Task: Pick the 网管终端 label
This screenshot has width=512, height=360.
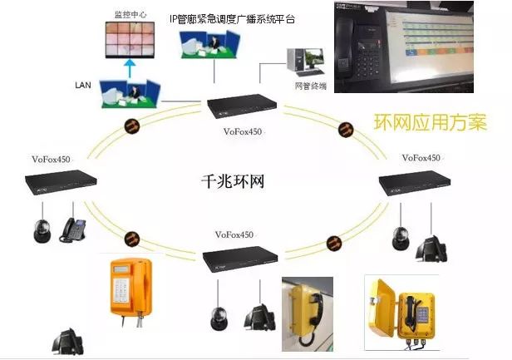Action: (311, 85)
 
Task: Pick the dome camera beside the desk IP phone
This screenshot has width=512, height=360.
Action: (43, 229)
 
